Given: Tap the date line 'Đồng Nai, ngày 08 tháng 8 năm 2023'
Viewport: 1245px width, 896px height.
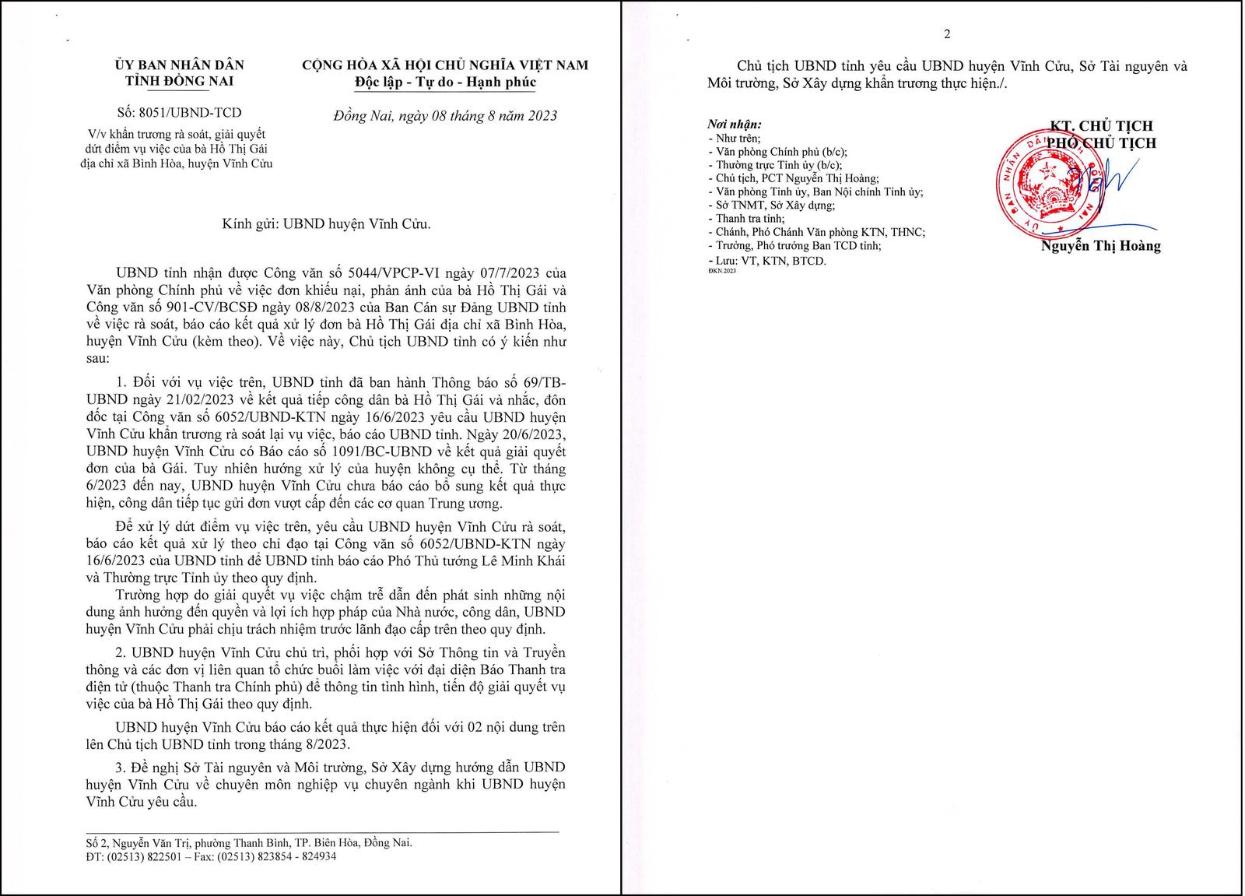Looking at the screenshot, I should [x=444, y=116].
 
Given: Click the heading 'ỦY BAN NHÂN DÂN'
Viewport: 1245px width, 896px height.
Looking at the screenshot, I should [x=179, y=65].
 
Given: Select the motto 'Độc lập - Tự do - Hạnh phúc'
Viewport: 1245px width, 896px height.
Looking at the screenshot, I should [x=444, y=83].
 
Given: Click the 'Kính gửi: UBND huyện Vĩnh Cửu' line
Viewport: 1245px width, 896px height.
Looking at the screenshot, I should [x=326, y=224].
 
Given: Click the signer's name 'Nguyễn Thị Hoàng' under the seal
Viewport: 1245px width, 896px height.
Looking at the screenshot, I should [x=1100, y=246].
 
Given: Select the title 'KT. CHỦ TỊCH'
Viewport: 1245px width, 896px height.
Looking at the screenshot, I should [x=1100, y=126].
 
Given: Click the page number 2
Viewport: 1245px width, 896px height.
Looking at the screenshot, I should [x=947, y=34].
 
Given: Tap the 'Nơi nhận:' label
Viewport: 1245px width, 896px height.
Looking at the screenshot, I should [x=734, y=125].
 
